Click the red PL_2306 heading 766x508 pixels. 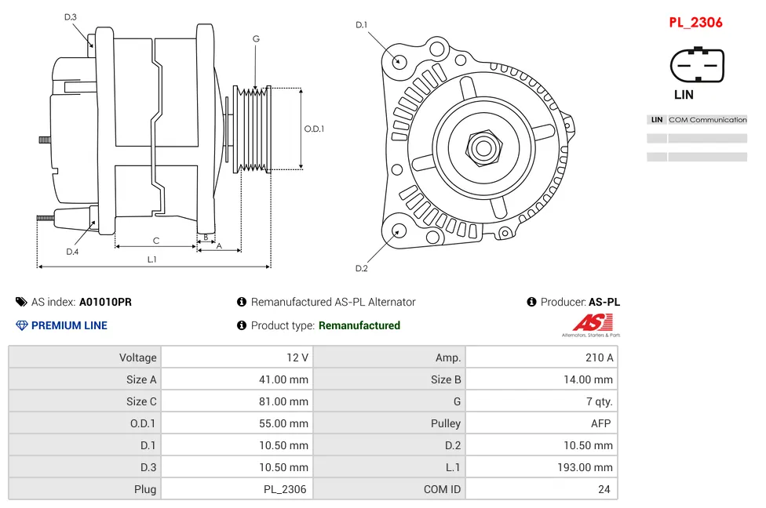(x=695, y=23)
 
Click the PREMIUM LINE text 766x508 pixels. (x=69, y=325)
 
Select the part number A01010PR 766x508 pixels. (x=105, y=302)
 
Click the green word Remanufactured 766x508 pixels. (x=359, y=325)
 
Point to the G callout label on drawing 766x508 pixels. (x=256, y=39)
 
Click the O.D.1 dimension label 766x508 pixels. (x=314, y=129)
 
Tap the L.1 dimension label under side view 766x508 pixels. (x=152, y=259)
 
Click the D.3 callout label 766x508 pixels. (x=71, y=16)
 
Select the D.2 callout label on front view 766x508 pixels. (x=361, y=269)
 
